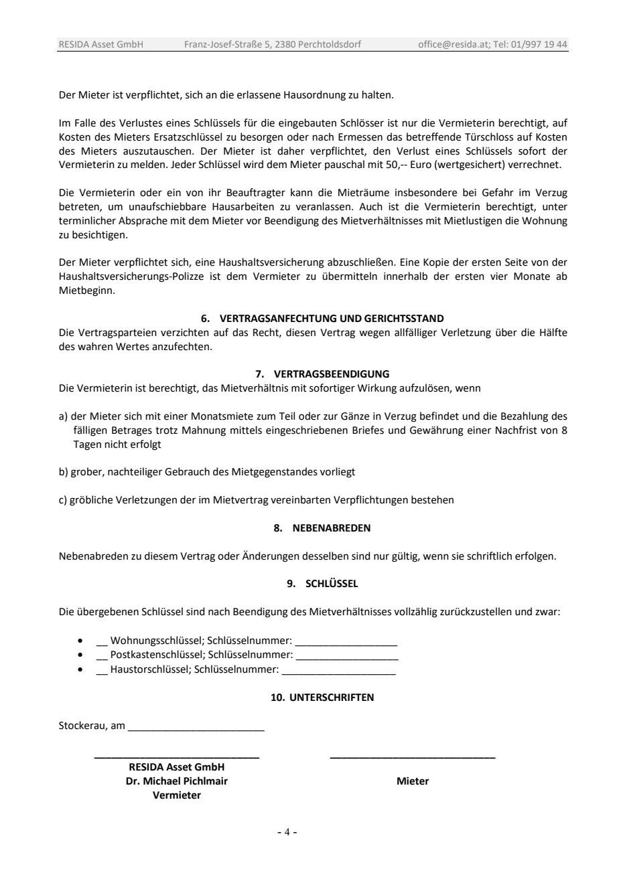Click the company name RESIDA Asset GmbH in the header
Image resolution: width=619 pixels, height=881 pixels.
tap(100, 45)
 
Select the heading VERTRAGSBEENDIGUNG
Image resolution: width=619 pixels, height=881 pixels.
tap(332, 374)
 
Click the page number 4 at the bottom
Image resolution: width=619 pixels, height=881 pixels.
tap(287, 832)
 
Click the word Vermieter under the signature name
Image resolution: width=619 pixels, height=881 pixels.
tap(176, 795)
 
